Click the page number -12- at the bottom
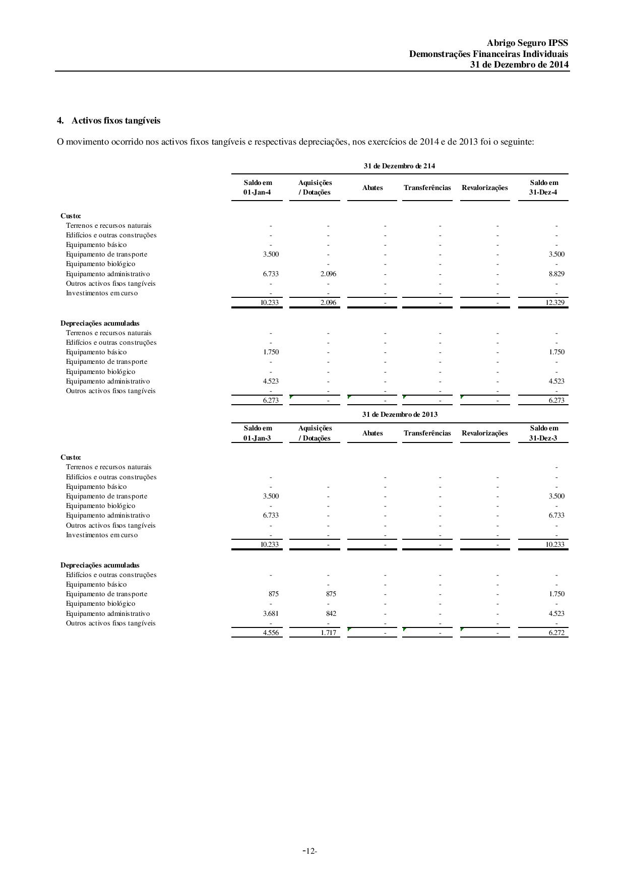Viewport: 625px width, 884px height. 309,851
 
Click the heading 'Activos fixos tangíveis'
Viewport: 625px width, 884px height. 115,120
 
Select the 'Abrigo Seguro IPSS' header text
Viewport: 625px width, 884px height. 527,43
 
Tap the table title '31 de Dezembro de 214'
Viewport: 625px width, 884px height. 399,166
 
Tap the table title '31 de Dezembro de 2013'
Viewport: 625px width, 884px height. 400,414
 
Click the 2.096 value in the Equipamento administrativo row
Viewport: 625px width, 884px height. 328,274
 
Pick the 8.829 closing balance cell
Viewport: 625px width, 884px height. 556,274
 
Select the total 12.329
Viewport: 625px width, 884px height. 555,303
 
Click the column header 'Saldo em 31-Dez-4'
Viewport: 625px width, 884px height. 543,187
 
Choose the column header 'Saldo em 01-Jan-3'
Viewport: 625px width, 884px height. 257,433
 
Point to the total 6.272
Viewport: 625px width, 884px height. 556,633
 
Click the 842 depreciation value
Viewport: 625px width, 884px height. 331,613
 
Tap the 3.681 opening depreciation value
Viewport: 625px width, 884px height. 271,613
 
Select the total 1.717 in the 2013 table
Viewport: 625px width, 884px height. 328,633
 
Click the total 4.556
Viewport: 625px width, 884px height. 271,633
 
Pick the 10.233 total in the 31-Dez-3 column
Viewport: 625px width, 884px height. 555,544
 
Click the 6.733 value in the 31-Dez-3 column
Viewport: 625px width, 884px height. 556,515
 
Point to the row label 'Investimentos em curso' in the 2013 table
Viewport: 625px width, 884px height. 102,535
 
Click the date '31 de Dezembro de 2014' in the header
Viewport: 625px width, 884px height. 519,65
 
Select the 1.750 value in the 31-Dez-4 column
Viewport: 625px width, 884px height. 556,352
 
